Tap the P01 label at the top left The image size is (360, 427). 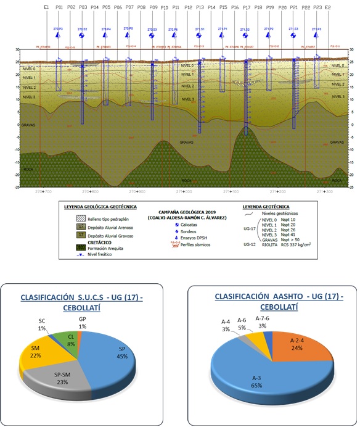[59, 8]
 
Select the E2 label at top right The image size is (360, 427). [327, 8]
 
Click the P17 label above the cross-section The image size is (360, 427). [247, 8]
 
